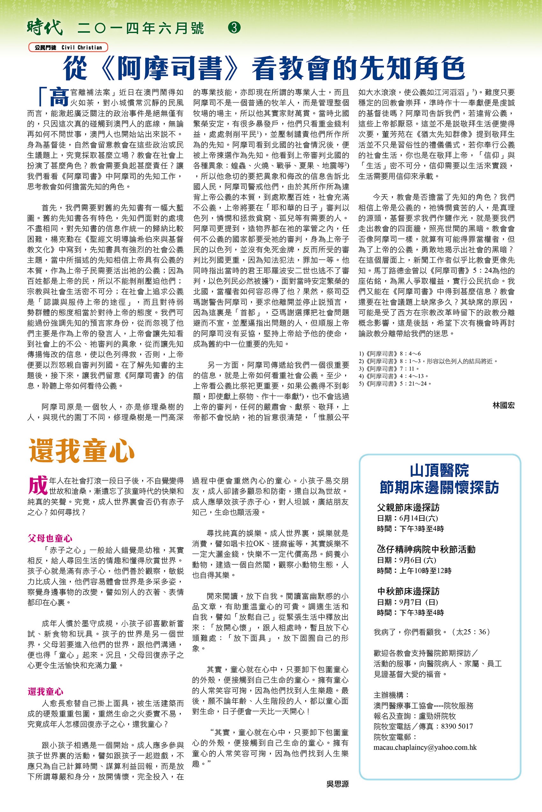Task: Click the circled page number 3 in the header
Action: (235, 28)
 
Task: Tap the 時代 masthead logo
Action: (45, 28)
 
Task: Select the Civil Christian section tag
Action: (68, 47)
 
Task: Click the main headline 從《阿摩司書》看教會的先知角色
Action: (264, 68)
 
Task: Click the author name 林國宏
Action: (503, 406)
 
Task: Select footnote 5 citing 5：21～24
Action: (395, 384)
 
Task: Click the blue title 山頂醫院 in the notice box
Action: (439, 470)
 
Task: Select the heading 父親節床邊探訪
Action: (408, 507)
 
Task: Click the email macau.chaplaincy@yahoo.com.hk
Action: (425, 747)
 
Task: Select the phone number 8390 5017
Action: (457, 726)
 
